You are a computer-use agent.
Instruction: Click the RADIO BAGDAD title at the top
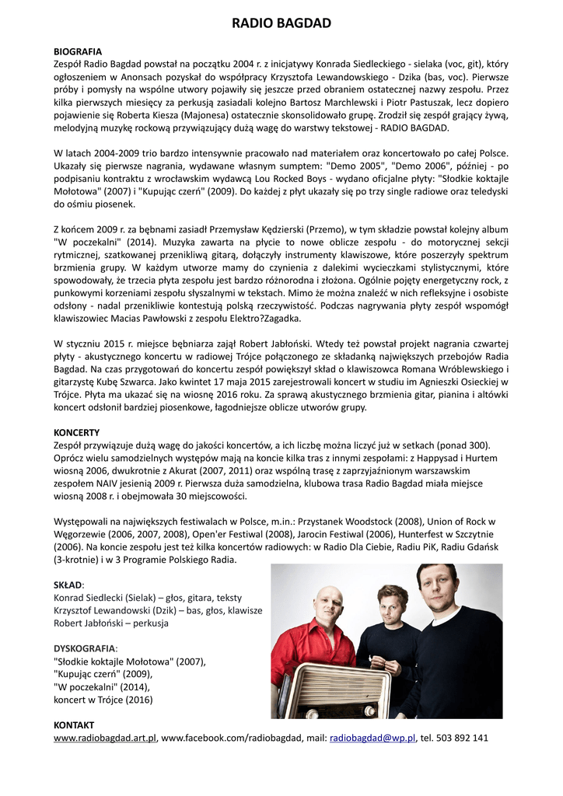pyautogui.click(x=281, y=23)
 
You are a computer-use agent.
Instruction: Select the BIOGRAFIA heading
pyautogui.click(x=78, y=51)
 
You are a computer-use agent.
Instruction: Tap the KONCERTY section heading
pyautogui.click(x=76, y=432)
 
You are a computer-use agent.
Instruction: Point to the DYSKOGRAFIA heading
pyautogui.click(x=84, y=648)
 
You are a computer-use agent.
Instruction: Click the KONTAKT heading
pyautogui.click(x=74, y=724)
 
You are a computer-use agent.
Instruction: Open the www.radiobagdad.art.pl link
pyautogui.click(x=105, y=738)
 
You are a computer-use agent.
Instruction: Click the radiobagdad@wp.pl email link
pyautogui.click(x=372, y=738)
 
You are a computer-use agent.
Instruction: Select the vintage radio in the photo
pyautogui.click(x=338, y=692)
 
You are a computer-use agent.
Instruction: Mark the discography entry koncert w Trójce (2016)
pyautogui.click(x=103, y=700)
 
